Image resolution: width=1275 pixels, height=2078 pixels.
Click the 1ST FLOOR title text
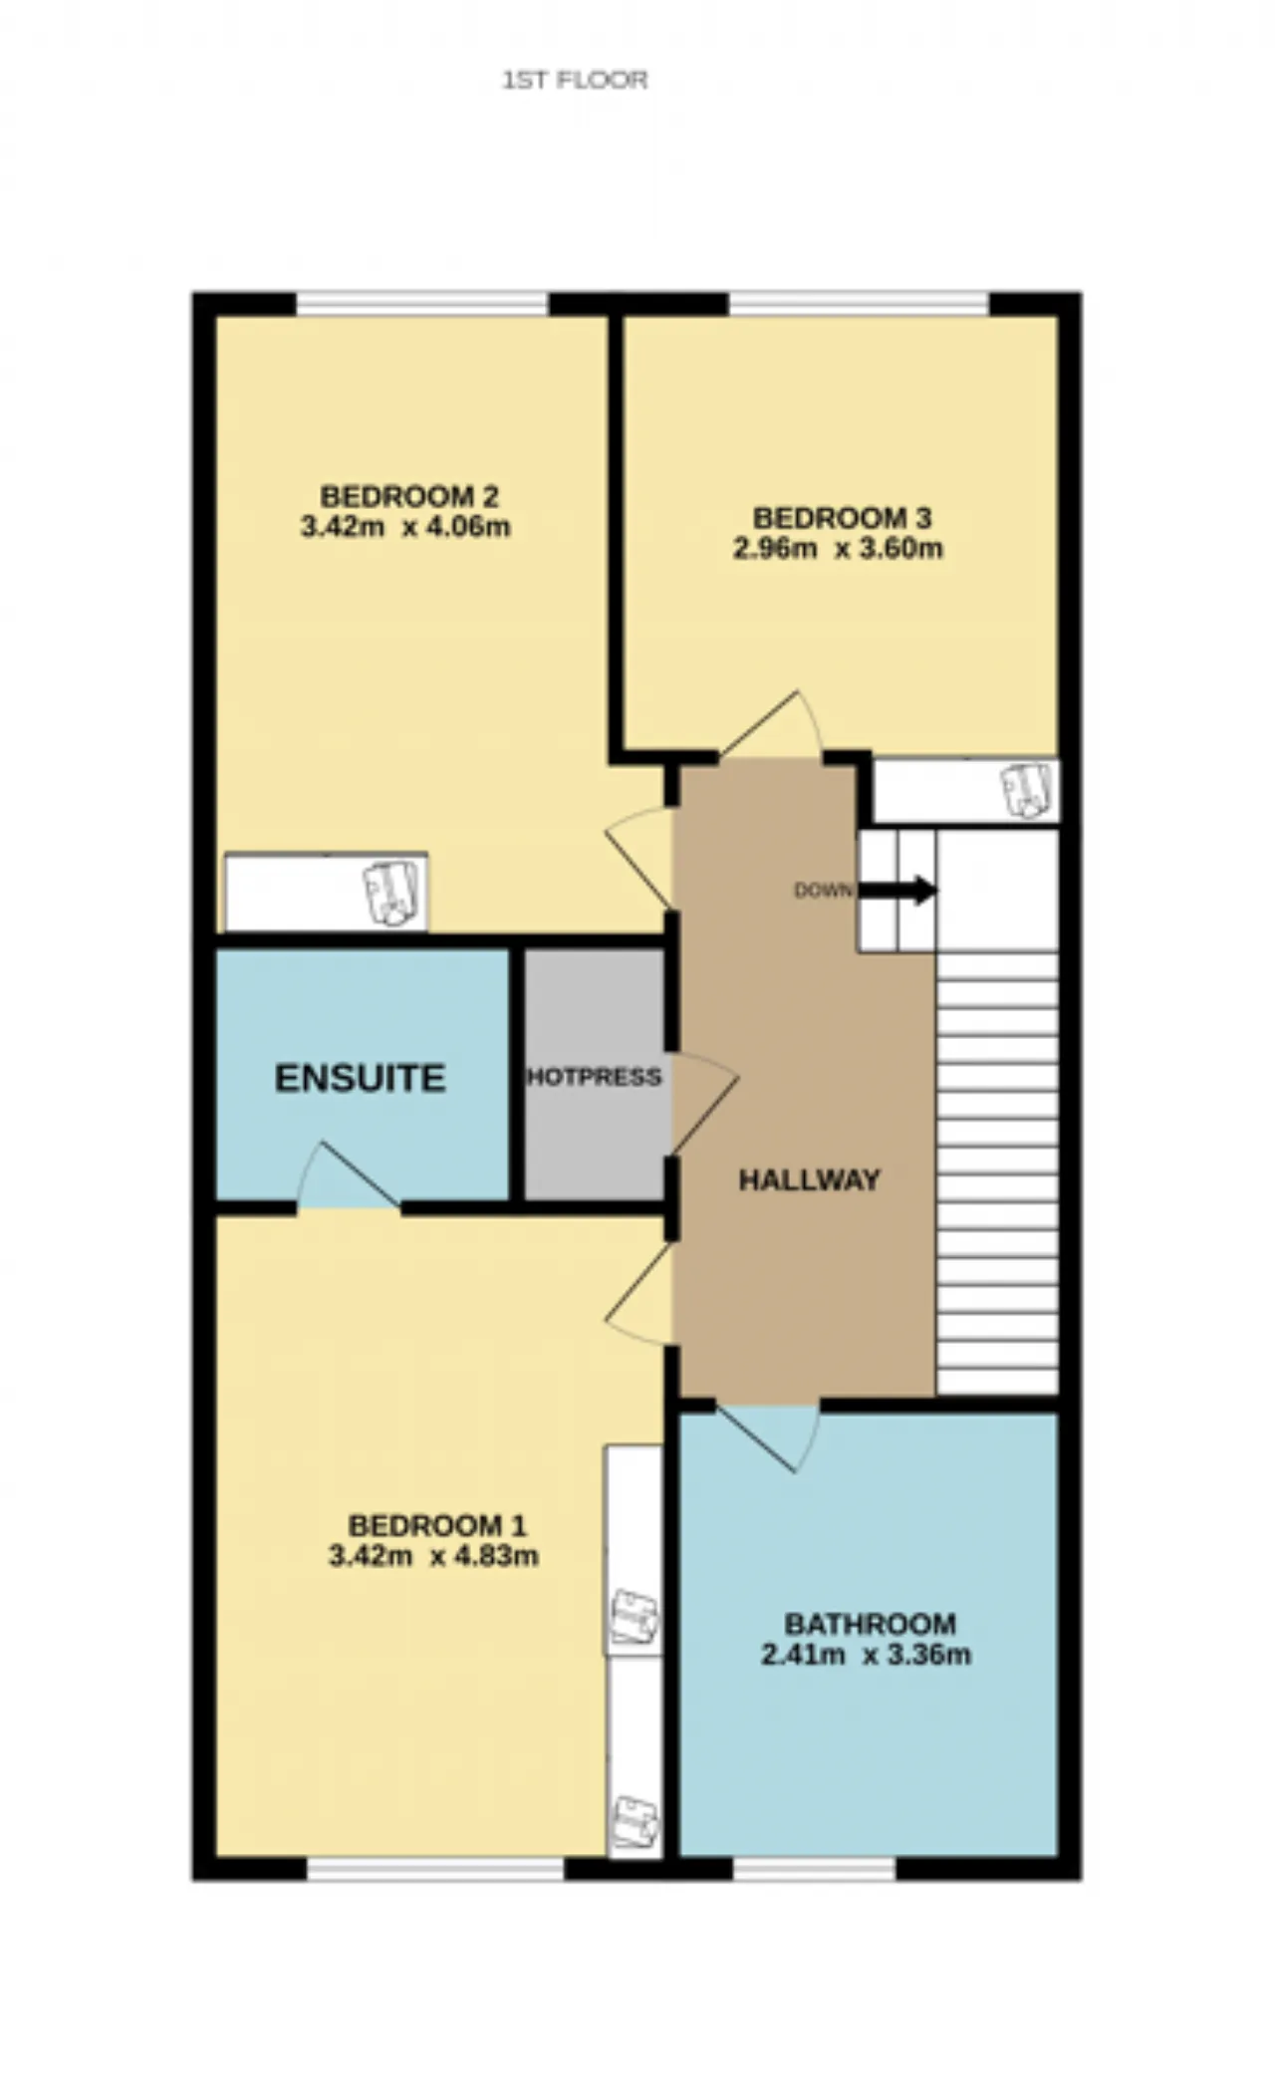[x=575, y=80]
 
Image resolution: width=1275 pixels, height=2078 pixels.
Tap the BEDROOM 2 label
[x=409, y=495]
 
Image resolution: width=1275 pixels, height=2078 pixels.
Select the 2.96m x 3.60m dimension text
[x=838, y=549]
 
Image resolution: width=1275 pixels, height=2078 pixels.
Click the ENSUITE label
[x=360, y=1078]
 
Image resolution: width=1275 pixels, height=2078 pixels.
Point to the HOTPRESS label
[x=595, y=1077]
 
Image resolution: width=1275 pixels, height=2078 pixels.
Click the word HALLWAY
[x=810, y=1180]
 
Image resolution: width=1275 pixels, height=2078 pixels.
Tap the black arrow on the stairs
[x=897, y=890]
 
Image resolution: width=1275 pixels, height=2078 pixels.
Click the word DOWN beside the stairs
[x=823, y=891]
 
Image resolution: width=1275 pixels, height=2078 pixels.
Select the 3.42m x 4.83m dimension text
[x=433, y=1556]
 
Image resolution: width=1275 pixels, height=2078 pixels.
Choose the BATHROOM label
[x=871, y=1625]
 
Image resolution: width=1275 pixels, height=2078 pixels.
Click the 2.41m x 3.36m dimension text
[x=866, y=1656]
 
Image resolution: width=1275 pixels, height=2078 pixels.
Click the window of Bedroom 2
[x=422, y=304]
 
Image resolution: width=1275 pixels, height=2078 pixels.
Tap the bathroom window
[x=815, y=1869]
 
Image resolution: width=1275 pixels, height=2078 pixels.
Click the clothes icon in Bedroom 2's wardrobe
[x=390, y=893]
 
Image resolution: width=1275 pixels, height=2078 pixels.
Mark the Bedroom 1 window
[x=435, y=1869]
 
